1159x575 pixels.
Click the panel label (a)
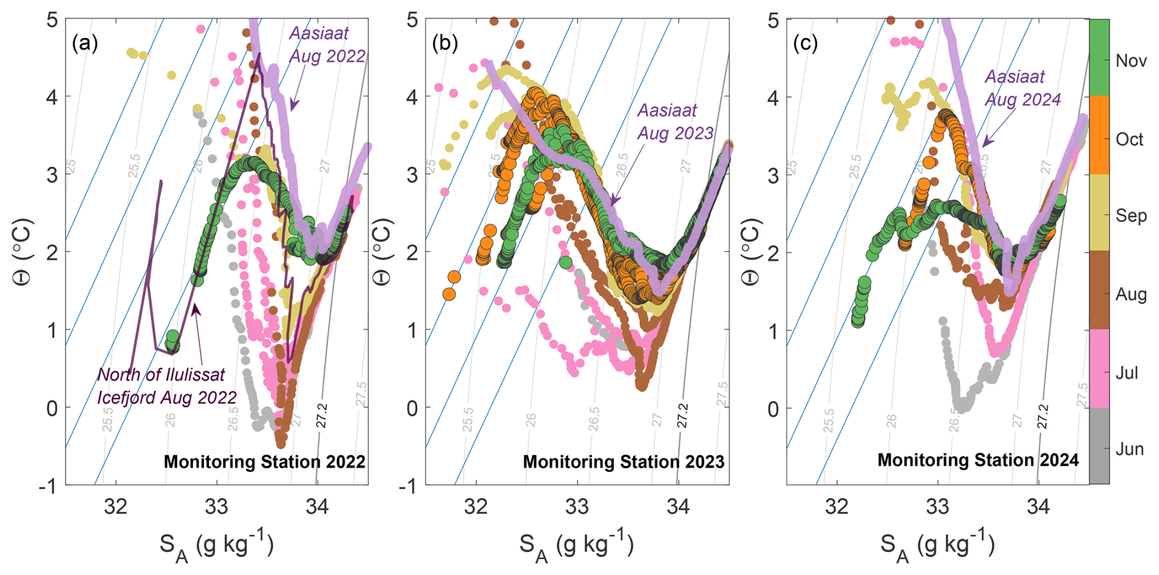tap(85, 44)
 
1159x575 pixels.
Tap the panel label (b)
tap(445, 44)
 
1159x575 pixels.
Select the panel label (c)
tap(806, 44)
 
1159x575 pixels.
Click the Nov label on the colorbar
tap(1131, 61)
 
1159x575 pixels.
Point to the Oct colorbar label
tap(1129, 139)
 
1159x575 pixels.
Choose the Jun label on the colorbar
tap(1130, 449)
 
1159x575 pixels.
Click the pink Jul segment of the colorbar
tap(1099, 368)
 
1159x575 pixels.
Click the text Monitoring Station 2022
tap(264, 462)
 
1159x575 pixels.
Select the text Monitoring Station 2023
tap(624, 462)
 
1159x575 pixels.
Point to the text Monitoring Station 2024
tap(978, 460)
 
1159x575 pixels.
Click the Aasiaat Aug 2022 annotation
tap(327, 45)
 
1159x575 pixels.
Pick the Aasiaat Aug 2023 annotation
tap(675, 121)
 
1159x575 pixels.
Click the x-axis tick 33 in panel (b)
tap(577, 507)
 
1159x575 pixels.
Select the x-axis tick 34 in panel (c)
tap(1038, 507)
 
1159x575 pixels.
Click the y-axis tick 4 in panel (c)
tap(773, 97)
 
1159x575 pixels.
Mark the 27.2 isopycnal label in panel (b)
tap(682, 416)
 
